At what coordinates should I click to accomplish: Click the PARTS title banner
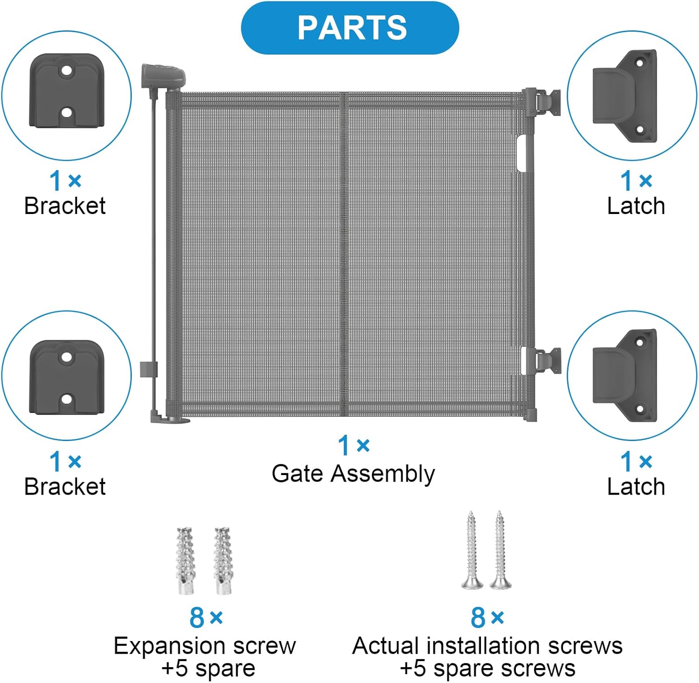tap(350, 28)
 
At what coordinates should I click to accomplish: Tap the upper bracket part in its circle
tap(67, 91)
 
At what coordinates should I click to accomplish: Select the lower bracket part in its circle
tap(67, 377)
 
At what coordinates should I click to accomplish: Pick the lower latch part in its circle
tap(625, 376)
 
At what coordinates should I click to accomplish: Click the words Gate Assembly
tap(353, 474)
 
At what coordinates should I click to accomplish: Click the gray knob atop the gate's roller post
tap(163, 75)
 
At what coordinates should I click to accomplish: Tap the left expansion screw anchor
tap(185, 561)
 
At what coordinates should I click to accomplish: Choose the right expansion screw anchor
tap(223, 561)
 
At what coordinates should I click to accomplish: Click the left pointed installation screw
tap(472, 550)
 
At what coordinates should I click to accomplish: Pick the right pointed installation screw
tap(500, 550)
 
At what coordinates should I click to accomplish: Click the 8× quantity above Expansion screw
tap(206, 618)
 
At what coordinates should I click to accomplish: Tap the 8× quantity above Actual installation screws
tap(487, 618)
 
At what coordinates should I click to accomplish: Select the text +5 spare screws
tap(487, 668)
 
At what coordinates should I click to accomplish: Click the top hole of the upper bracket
tap(67, 71)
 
